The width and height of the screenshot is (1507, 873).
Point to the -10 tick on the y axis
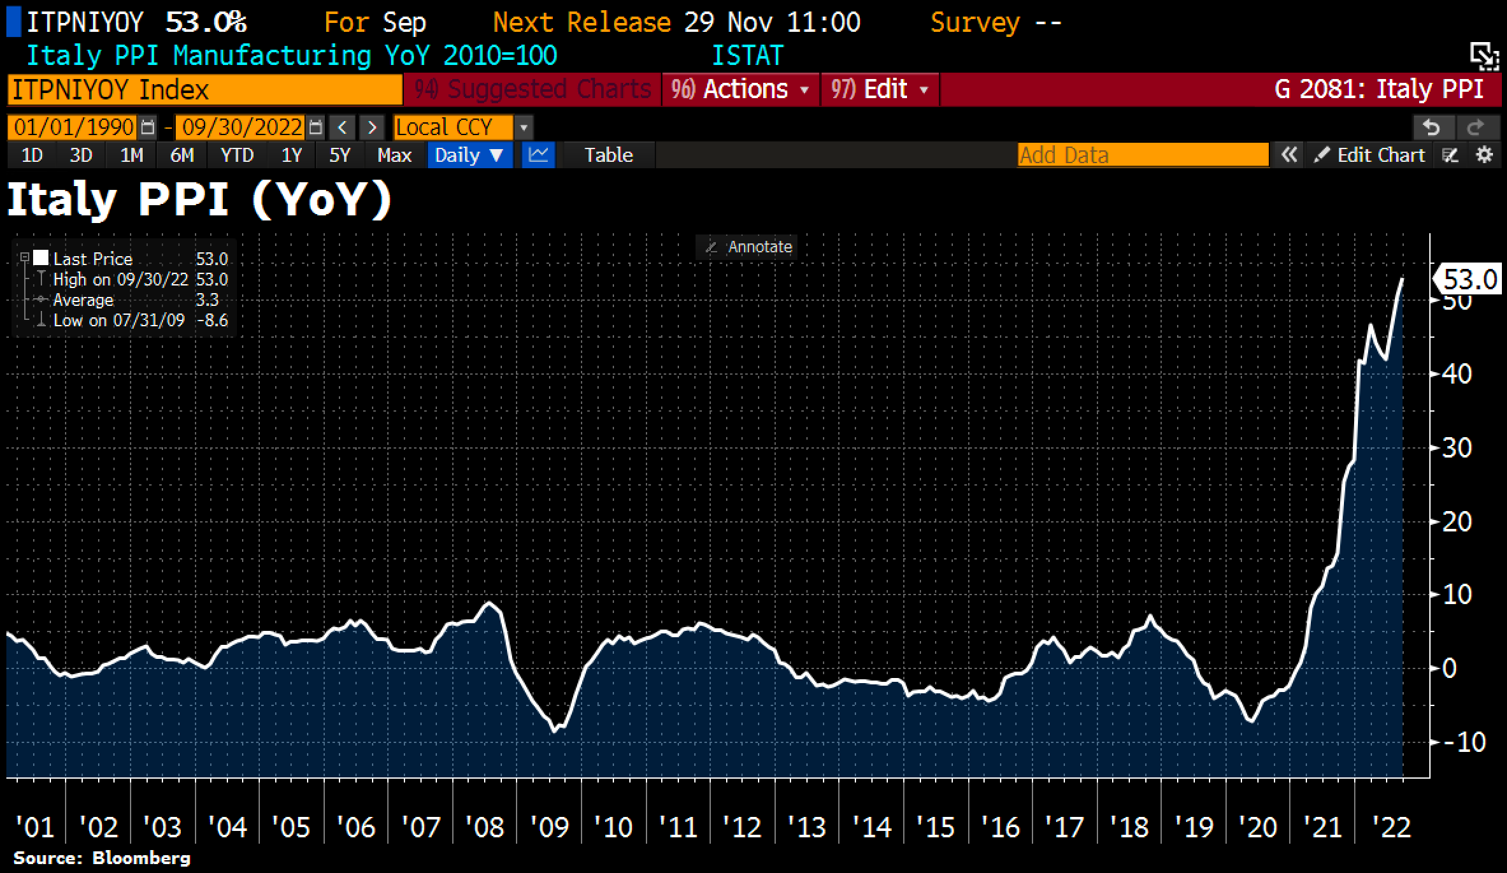1464,742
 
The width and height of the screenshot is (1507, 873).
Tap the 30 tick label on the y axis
1457,448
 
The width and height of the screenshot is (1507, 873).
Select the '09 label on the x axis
549,828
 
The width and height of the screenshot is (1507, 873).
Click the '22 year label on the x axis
1391,828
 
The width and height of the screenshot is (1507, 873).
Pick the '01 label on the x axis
34,828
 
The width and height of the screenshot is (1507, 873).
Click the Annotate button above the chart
752,247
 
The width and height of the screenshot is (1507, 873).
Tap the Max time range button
394,155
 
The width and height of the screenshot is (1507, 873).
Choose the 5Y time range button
339,155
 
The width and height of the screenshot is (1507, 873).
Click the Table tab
608,155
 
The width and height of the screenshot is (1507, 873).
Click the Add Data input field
1143,155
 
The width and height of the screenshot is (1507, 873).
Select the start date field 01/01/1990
73,127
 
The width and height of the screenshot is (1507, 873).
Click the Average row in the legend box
121,300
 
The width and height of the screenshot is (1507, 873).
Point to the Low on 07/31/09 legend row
121,321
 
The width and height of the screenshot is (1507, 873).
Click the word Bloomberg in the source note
141,858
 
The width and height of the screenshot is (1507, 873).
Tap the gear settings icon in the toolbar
1485,155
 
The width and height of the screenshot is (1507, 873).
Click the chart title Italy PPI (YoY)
199,201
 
